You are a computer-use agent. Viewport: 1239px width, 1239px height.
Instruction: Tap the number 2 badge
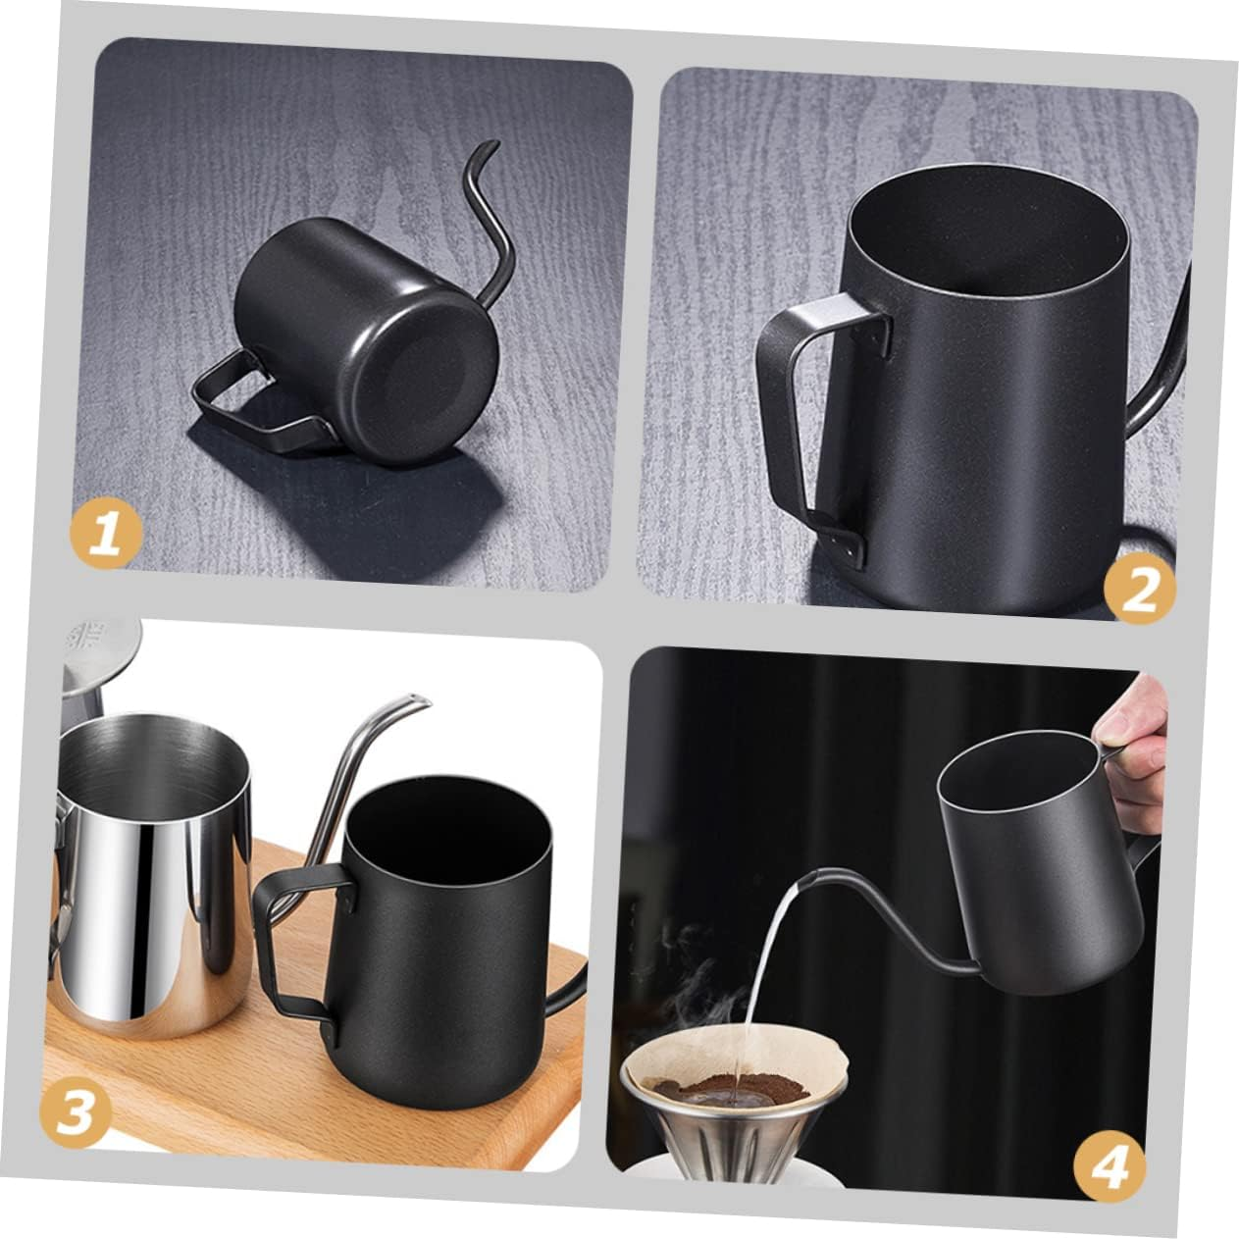click(x=1139, y=590)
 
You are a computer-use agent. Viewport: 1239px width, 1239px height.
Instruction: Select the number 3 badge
click(x=76, y=1112)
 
